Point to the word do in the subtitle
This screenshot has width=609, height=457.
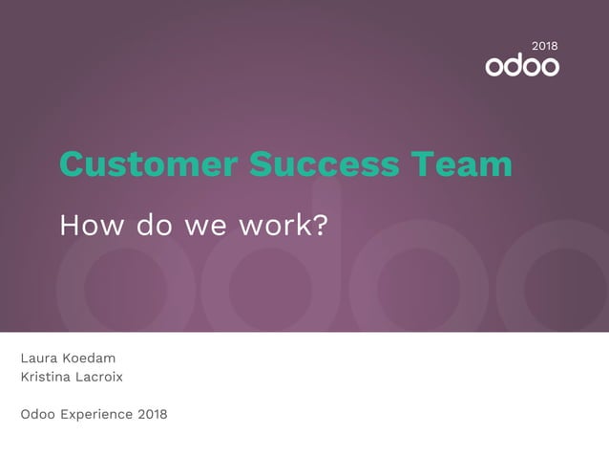click(x=151, y=226)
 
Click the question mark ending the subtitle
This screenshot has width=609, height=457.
click(x=321, y=226)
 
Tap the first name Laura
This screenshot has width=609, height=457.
click(x=39, y=359)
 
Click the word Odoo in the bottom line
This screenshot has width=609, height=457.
click(x=38, y=414)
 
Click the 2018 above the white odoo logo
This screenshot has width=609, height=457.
click(x=545, y=46)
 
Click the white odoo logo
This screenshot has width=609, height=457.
click(x=522, y=66)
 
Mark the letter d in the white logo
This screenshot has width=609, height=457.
click(x=514, y=65)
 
